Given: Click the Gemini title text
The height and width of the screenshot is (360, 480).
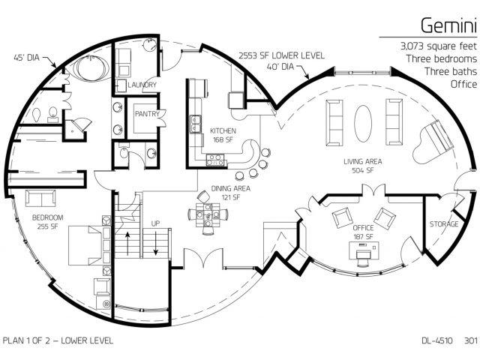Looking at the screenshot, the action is pyautogui.click(x=448, y=25).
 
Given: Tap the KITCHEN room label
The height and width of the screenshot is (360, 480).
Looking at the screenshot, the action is pyautogui.click(x=223, y=130).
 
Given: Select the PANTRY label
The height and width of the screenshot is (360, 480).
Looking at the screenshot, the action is pyautogui.click(x=147, y=114).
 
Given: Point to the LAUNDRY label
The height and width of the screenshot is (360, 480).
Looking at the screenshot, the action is pyautogui.click(x=142, y=85).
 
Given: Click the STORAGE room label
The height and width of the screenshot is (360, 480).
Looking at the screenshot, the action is pyautogui.click(x=444, y=224).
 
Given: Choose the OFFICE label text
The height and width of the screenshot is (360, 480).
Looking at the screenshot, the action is pyautogui.click(x=363, y=228).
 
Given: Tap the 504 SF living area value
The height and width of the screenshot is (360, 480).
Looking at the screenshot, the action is pyautogui.click(x=363, y=170).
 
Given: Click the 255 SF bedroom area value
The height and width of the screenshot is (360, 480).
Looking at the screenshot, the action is pyautogui.click(x=48, y=226).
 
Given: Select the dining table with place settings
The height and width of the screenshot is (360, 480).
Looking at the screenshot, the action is pyautogui.click(x=208, y=214).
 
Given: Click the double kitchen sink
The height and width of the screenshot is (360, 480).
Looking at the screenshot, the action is pyautogui.click(x=195, y=124).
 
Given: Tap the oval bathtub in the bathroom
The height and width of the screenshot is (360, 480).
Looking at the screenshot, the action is pyautogui.click(x=91, y=68).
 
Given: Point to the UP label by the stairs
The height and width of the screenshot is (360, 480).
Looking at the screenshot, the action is pyautogui.click(x=155, y=223).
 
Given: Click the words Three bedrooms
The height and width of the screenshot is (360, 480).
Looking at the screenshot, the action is pyautogui.click(x=442, y=58).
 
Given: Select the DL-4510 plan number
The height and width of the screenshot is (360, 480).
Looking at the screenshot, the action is pyautogui.click(x=437, y=340).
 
